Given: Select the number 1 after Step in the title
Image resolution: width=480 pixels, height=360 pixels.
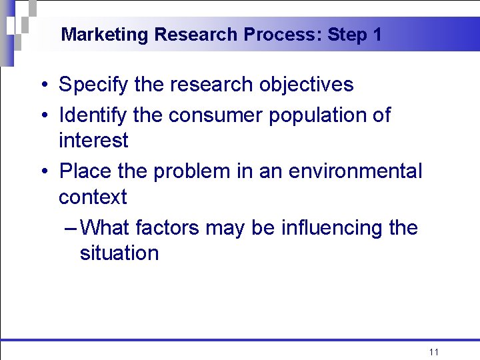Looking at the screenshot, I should pos(377,35).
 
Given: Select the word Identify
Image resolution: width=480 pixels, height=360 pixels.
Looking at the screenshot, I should pos(93,115).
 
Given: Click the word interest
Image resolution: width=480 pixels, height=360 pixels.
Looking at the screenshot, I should pos(93,141).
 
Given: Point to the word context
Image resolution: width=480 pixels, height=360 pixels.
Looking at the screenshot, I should pos(93,197).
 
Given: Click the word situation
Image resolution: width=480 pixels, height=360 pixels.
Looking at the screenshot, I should pos(119,253).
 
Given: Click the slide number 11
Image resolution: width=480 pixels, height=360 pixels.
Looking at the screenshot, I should pos(434,352).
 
